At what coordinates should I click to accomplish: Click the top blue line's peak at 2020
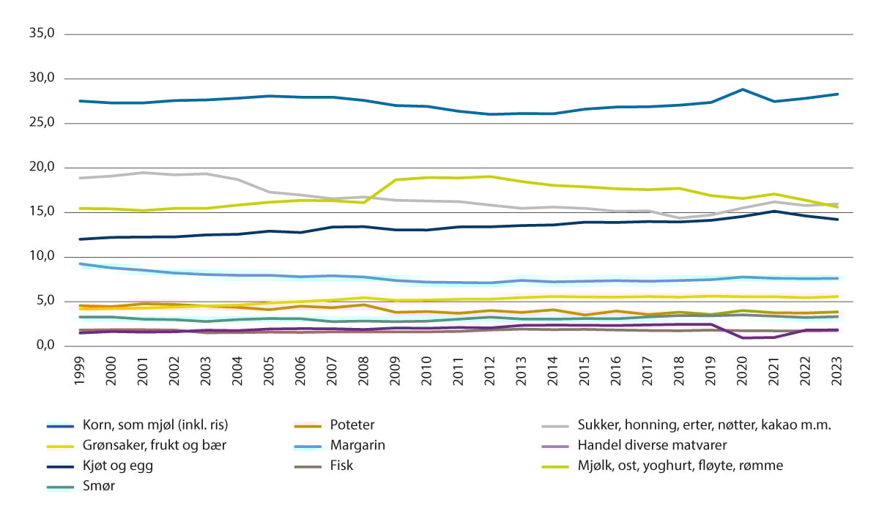(x=743, y=89)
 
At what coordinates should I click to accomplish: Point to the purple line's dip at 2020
(x=743, y=337)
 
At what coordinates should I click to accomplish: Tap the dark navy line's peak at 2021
(x=774, y=211)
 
